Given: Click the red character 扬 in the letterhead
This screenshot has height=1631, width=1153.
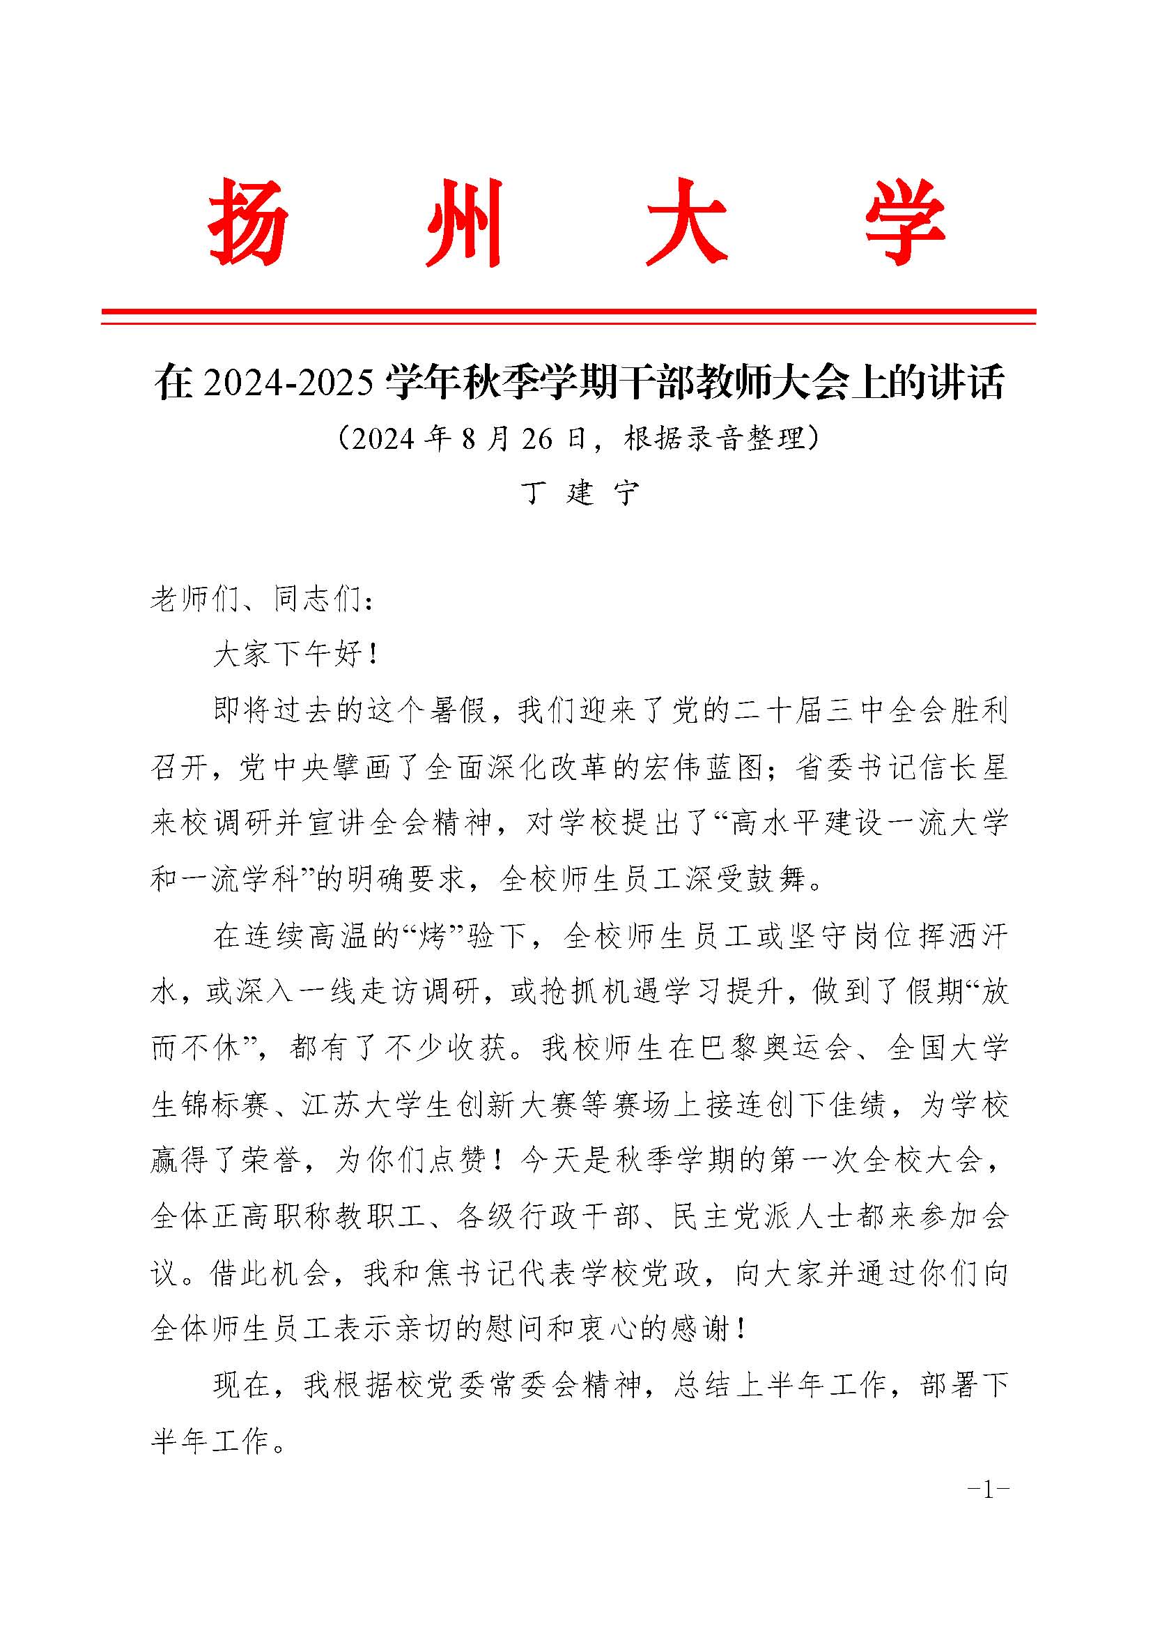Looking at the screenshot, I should [x=248, y=222].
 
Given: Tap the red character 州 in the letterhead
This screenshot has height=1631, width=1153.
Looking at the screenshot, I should [x=466, y=222].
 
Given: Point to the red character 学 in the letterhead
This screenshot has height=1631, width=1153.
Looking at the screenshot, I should [x=905, y=222].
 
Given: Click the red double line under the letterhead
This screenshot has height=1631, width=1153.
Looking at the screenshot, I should [x=568, y=317].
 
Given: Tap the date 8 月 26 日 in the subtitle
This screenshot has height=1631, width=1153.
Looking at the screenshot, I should [x=523, y=439].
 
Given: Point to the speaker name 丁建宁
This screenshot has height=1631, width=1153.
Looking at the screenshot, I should [x=580, y=492].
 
